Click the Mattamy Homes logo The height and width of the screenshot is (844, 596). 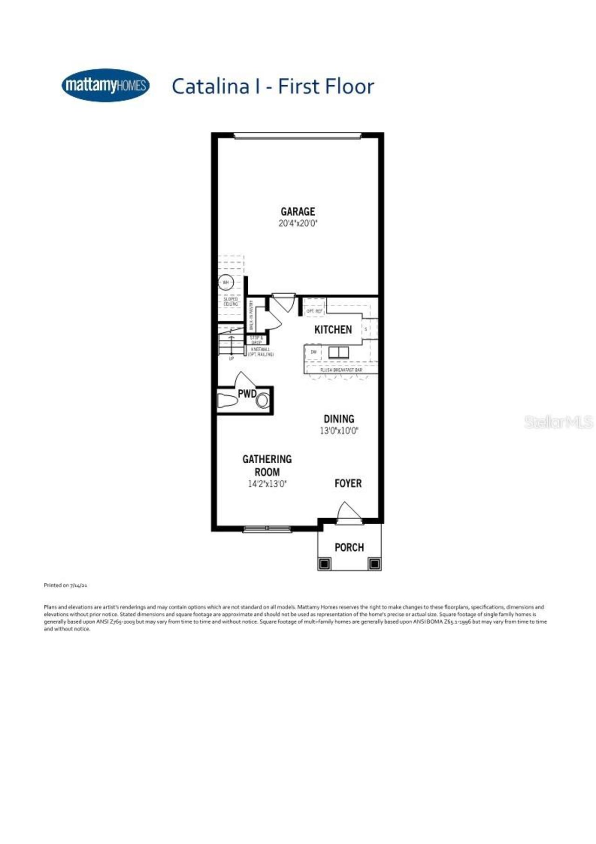pos(106,85)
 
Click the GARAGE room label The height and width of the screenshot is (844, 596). pos(298,212)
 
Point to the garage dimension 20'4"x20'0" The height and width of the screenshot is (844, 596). pos(298,223)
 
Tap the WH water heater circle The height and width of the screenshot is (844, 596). pos(226,282)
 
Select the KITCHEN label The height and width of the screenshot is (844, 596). pos(333,330)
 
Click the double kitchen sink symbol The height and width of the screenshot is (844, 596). pos(339,352)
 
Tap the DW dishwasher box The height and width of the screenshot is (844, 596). pos(314,352)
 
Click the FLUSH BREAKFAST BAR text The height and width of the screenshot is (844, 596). pos(341,370)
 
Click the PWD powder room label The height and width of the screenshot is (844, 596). pos(247,394)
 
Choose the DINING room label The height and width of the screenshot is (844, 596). pos(339,419)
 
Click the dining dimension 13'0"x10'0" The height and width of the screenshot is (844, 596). pos(339,431)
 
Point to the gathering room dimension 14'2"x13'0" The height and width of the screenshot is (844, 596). pos(267,484)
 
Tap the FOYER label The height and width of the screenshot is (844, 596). pos(348,484)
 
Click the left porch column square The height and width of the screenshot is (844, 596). pos(325,564)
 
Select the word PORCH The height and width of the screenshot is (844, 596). pos(349,547)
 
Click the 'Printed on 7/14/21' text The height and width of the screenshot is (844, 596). pos(65,585)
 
